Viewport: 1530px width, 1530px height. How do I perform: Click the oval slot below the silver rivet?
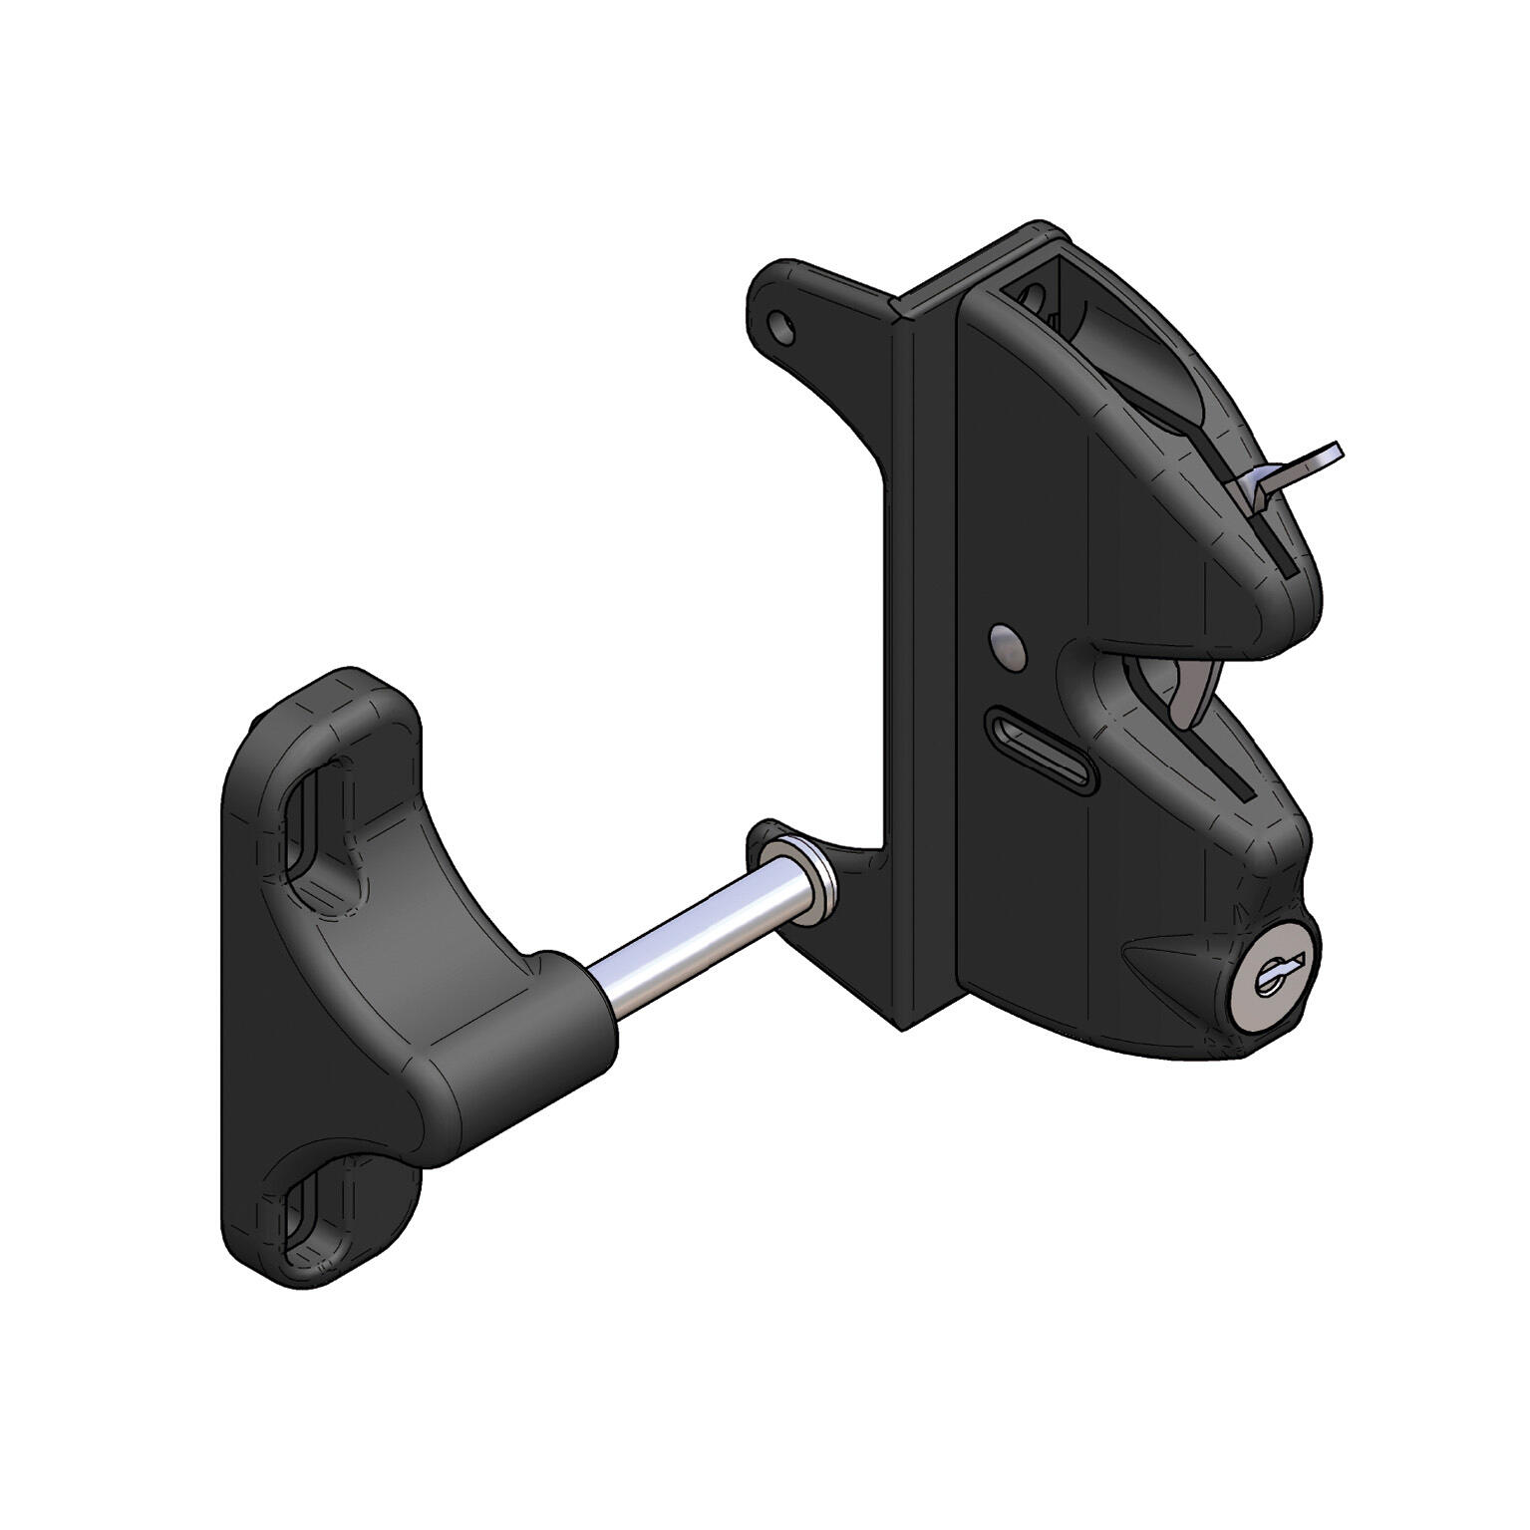[x=1038, y=750]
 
